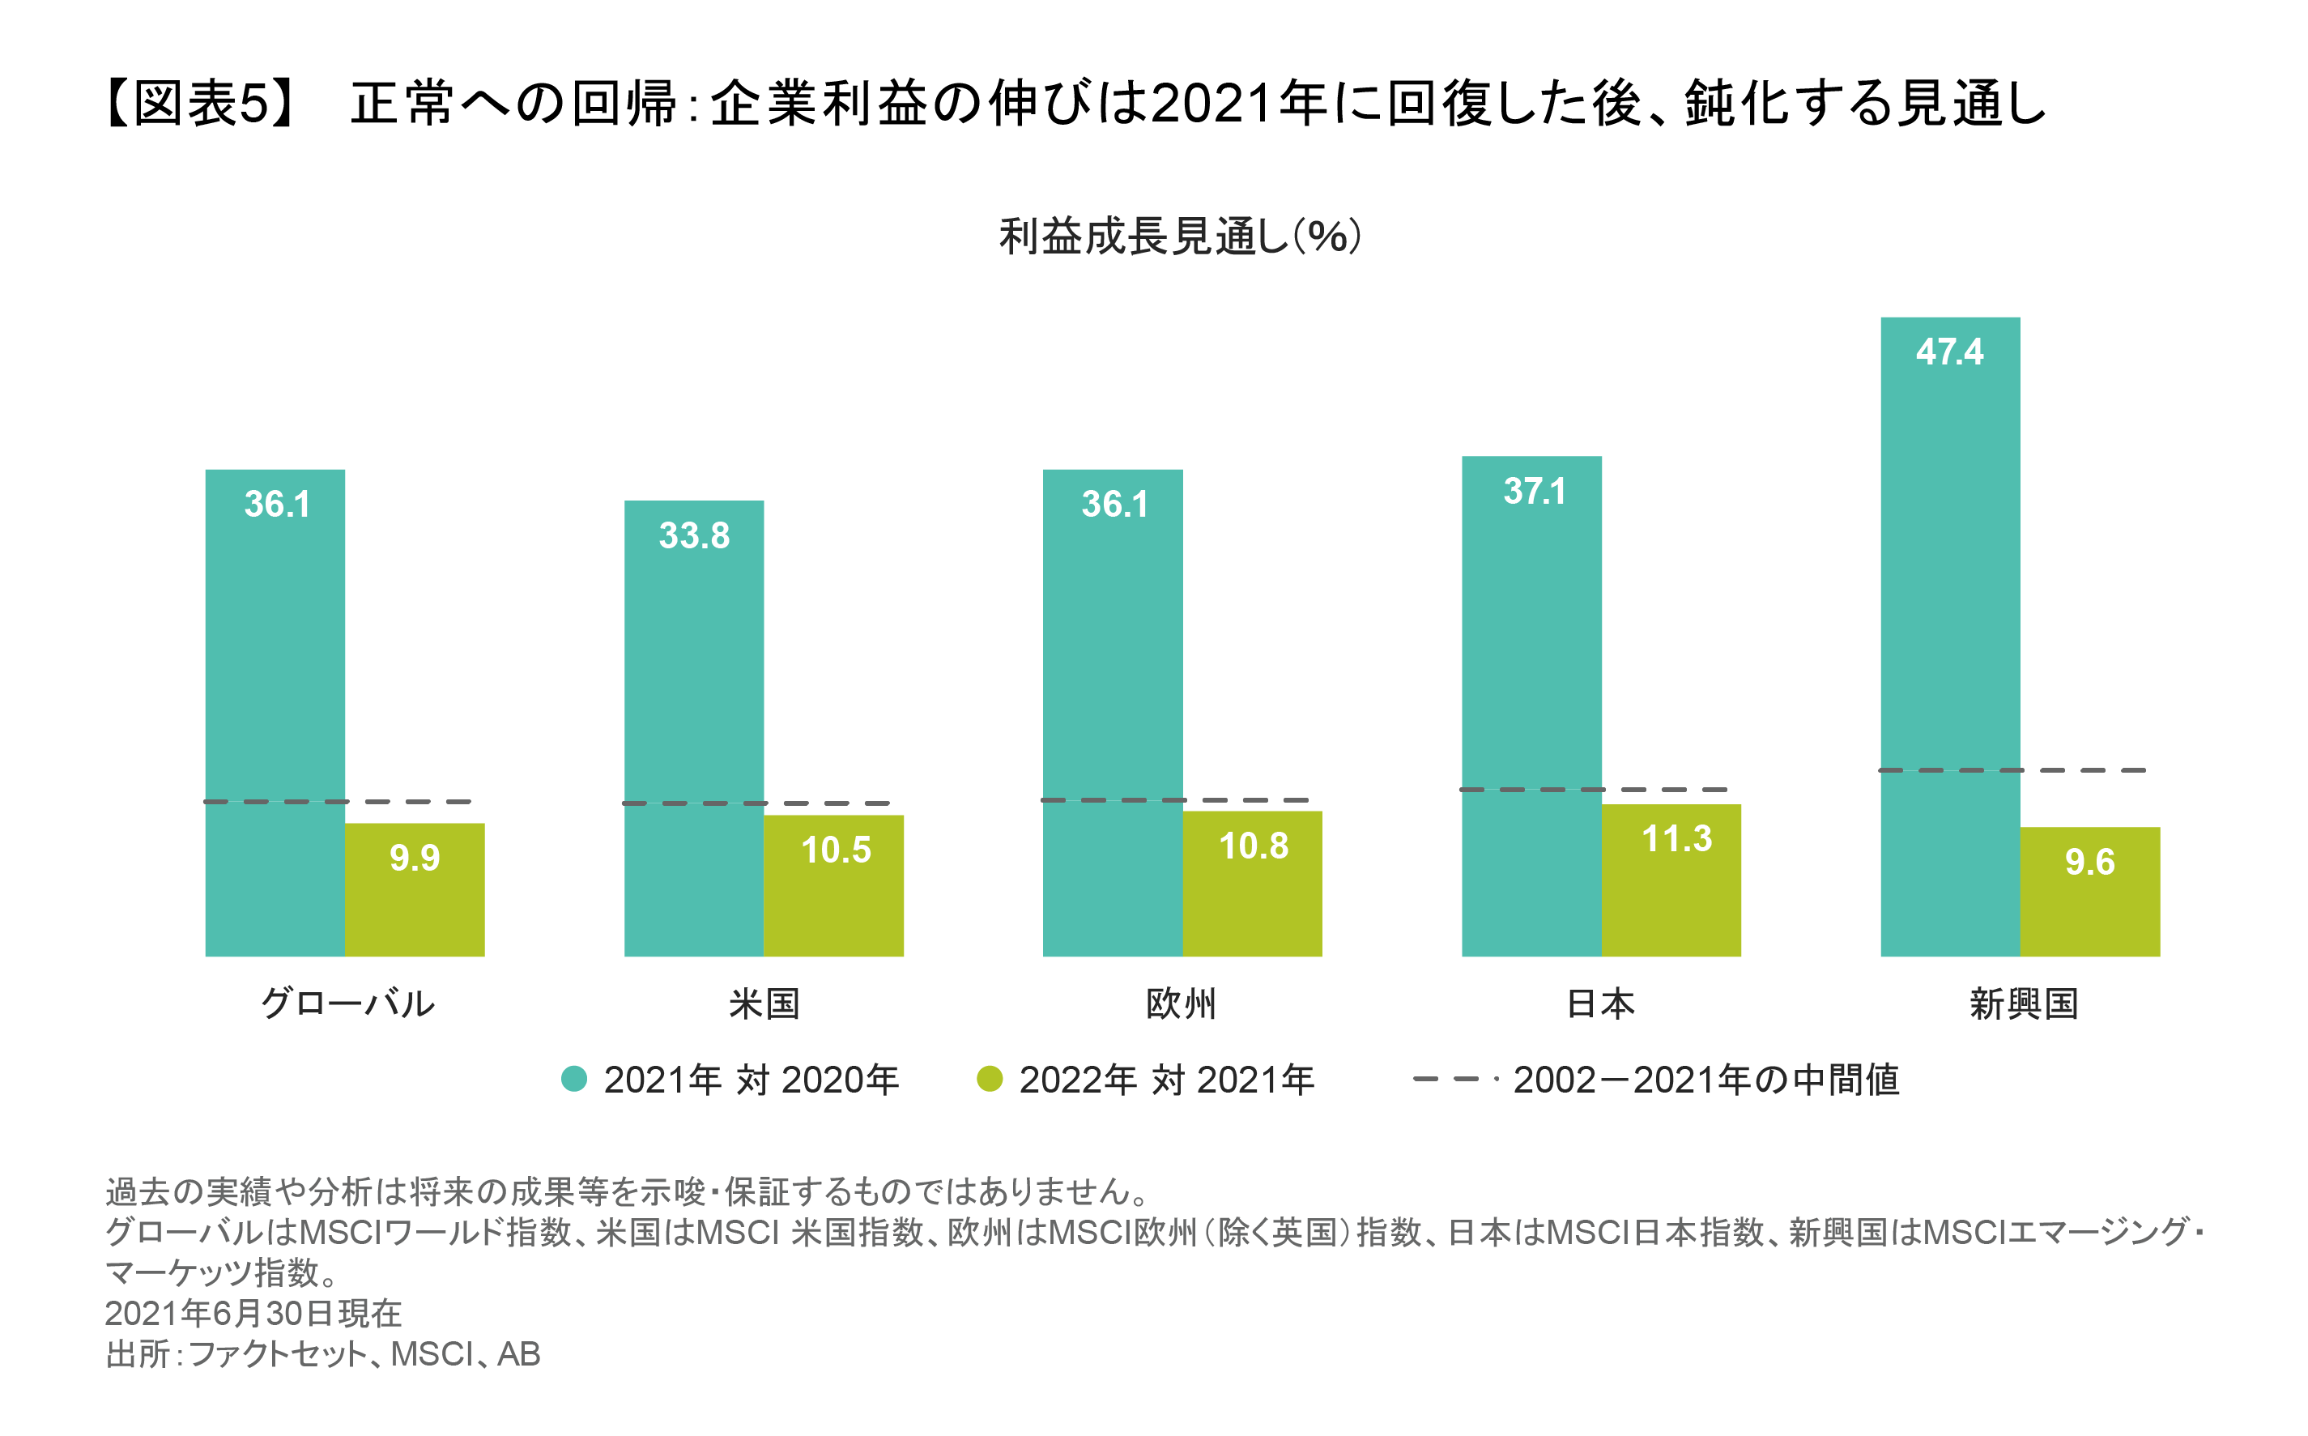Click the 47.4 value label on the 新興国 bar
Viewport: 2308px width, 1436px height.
coord(1948,352)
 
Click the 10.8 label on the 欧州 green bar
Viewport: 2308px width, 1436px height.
coord(1254,846)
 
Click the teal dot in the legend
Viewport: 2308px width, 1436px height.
coord(573,1079)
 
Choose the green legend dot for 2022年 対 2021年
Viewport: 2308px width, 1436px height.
coord(990,1079)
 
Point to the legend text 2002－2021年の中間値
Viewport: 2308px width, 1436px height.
coord(1705,1080)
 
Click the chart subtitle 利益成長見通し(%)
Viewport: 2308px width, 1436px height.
coord(1180,236)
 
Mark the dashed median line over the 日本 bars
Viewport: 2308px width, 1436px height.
coord(1593,789)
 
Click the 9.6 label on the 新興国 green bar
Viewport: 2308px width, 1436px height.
coord(2089,863)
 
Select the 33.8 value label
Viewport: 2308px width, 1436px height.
coord(694,535)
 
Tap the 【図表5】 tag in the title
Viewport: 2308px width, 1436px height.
coord(202,104)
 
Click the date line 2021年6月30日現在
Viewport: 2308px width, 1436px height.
coord(253,1314)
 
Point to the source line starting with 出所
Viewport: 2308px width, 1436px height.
coord(323,1354)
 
